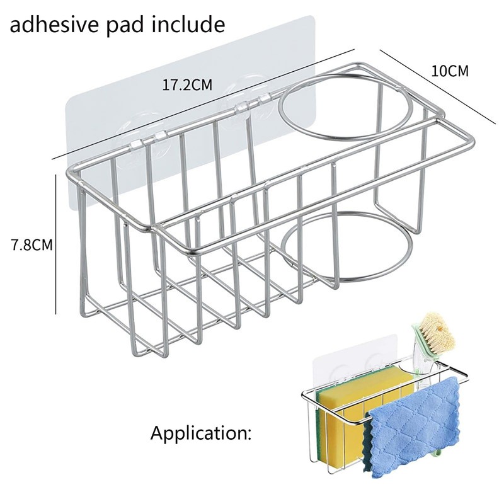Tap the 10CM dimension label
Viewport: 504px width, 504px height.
(450, 71)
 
